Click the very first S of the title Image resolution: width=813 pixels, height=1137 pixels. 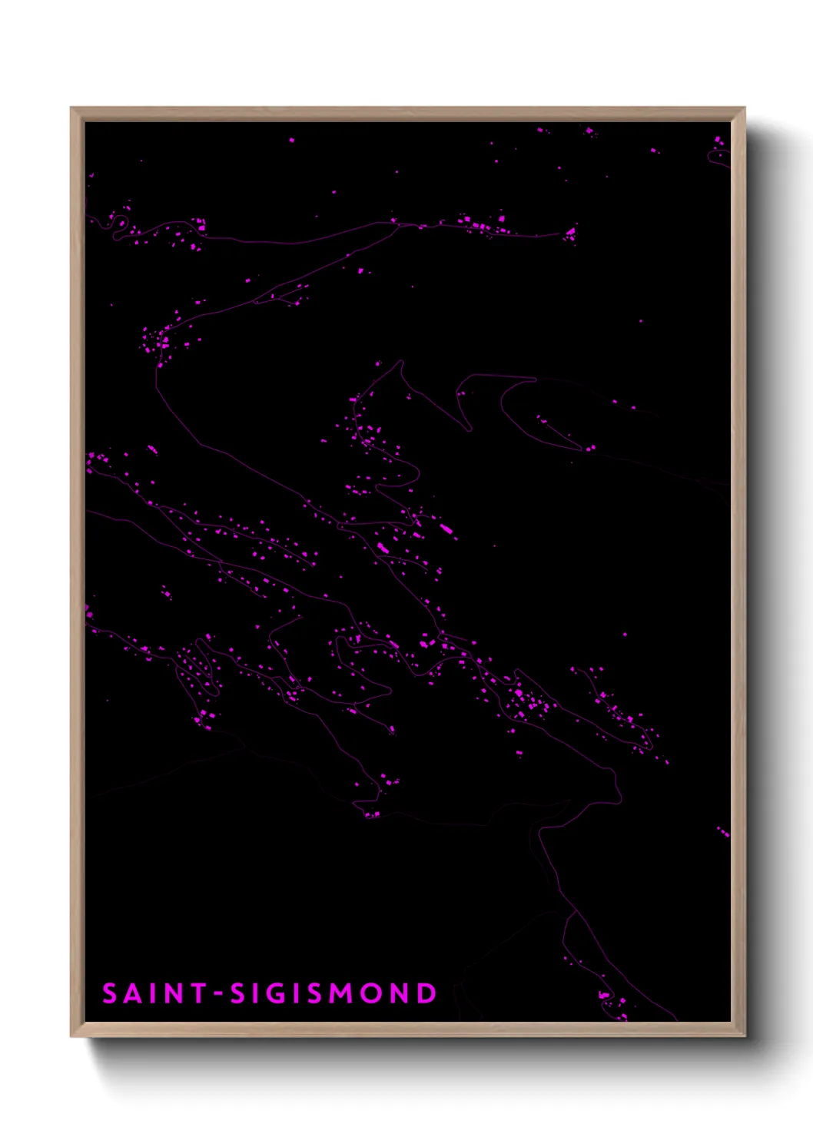pos(110,993)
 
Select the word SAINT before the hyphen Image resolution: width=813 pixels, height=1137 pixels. pos(154,993)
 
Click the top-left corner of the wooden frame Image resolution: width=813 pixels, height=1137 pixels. pos(71,108)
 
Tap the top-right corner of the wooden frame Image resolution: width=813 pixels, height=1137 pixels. pos(745,108)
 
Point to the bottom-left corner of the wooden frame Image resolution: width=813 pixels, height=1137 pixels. pos(71,1036)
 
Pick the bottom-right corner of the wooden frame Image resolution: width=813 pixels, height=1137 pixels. pos(745,1036)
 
